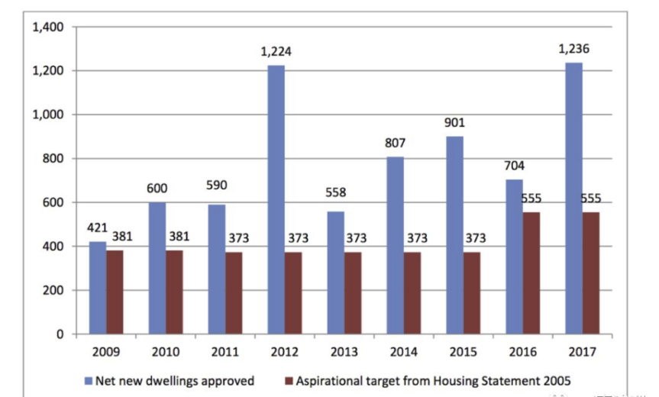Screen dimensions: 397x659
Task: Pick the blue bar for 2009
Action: pyautogui.click(x=98, y=288)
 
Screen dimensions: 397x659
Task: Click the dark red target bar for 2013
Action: pyautogui.click(x=353, y=293)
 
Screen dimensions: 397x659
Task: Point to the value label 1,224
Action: pyautogui.click(x=276, y=53)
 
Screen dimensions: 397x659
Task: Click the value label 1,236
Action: pyautogui.click(x=573, y=50)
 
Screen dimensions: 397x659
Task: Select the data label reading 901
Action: pyautogui.click(x=454, y=123)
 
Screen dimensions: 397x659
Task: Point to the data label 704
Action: pyautogui.click(x=514, y=166)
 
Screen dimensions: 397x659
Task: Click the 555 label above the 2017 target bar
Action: pyautogui.click(x=590, y=198)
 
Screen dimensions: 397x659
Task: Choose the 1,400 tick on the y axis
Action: pyautogui.click(x=47, y=27)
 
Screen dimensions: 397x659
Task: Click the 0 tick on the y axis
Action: pyautogui.click(x=60, y=334)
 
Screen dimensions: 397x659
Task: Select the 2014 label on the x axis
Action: pyautogui.click(x=402, y=353)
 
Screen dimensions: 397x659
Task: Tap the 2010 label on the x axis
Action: pyautogui.click(x=165, y=353)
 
